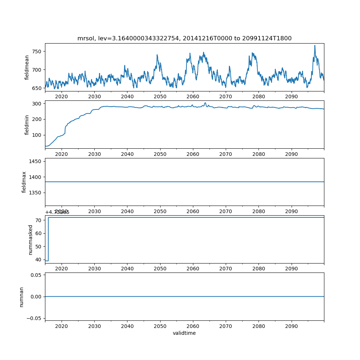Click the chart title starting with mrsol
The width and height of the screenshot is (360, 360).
[184, 38]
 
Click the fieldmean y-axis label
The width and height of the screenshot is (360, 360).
[27, 67]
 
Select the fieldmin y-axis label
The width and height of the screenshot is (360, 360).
[27, 125]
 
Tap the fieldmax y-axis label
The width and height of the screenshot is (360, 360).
[24, 182]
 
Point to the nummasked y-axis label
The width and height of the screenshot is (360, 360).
[30, 239]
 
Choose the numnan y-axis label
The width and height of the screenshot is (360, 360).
[21, 297]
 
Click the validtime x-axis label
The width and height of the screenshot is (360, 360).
[184, 333]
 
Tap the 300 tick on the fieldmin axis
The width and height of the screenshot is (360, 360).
[37, 103]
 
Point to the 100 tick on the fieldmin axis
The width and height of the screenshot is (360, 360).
[37, 135]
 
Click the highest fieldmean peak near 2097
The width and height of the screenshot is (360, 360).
[315, 46]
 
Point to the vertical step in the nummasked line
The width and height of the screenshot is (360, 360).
[48, 239]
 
